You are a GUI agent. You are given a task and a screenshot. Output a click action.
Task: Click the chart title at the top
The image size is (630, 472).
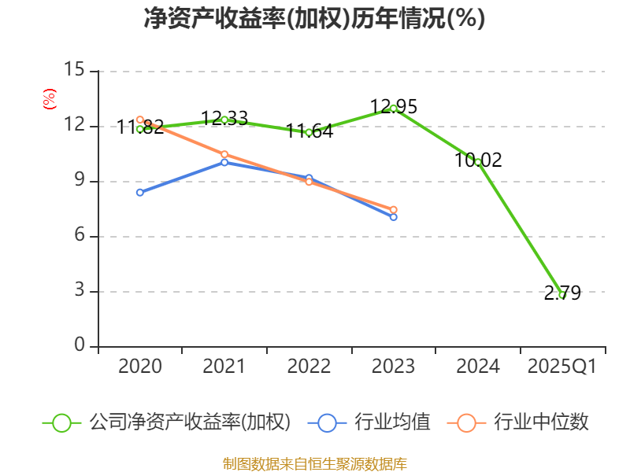(x=314, y=19)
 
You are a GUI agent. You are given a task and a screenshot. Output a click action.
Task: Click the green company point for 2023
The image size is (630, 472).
(x=393, y=108)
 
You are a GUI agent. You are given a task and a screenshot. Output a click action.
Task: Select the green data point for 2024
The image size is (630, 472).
(x=477, y=162)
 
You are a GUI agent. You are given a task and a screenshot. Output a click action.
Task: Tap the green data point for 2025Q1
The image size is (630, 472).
(x=561, y=295)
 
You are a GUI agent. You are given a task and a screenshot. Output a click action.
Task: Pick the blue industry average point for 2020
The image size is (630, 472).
(x=140, y=192)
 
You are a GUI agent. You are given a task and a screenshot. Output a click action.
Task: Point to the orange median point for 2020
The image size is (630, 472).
(x=140, y=120)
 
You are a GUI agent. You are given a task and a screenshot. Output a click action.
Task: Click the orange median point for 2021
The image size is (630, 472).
(x=224, y=154)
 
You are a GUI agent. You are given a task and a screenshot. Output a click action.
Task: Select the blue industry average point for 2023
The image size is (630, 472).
(x=393, y=216)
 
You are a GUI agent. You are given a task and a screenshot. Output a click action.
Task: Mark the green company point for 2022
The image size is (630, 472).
(x=309, y=132)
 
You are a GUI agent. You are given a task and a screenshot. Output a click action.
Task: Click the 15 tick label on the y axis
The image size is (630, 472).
(x=74, y=71)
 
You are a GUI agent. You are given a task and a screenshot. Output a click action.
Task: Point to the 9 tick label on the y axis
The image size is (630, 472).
(x=79, y=181)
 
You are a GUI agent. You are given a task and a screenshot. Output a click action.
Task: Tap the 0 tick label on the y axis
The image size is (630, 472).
(x=79, y=346)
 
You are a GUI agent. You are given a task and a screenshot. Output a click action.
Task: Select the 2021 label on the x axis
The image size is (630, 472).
(x=224, y=367)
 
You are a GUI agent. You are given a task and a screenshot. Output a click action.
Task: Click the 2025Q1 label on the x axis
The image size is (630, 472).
(x=561, y=367)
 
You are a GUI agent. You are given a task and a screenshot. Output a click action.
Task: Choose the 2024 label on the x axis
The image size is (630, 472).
(x=477, y=367)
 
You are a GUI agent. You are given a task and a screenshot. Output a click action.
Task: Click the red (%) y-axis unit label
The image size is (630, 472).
(x=50, y=100)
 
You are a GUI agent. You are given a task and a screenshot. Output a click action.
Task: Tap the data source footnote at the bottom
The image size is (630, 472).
(x=314, y=463)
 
